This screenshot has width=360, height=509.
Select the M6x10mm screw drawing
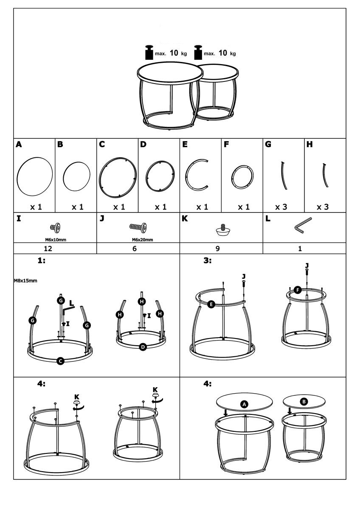coord(55,227)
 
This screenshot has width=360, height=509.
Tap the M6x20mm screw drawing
coord(138,227)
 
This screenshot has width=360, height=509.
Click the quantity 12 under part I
coord(48,249)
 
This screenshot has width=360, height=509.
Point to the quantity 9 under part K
coord(218,249)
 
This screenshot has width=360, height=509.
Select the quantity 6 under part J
coord(135,249)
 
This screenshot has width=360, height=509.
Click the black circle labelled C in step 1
coord(60,361)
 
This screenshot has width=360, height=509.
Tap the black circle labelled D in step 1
coord(143,347)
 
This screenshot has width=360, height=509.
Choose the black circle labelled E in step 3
coord(211,304)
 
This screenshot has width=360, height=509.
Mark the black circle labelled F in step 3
coord(298,290)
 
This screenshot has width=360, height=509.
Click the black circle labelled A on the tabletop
coord(244,404)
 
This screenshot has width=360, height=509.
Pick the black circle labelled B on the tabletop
coord(304,402)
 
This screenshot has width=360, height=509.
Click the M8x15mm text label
coord(25,281)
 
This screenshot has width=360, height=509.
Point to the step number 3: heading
coord(208,260)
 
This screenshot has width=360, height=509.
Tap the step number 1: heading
coord(41,260)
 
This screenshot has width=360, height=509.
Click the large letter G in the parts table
coord(268,144)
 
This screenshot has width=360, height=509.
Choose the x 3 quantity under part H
coord(323,207)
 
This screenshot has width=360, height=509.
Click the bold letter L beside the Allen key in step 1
coord(71,303)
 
